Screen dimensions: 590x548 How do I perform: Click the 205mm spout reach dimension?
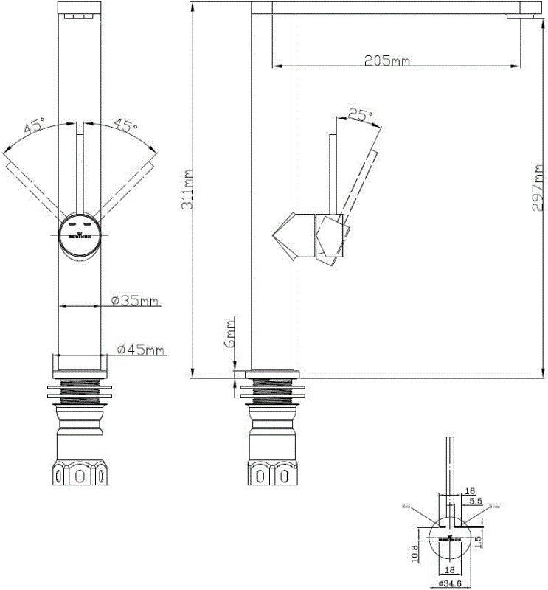[386, 60]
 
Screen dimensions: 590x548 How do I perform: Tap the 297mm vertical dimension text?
[538, 187]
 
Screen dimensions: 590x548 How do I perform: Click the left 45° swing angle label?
[34, 125]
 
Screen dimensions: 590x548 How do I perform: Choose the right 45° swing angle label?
[125, 125]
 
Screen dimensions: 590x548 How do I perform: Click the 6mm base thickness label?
[230, 333]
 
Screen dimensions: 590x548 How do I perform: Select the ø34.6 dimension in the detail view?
[451, 583]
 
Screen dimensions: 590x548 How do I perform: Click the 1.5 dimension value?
[480, 541]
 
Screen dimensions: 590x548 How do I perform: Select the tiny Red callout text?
[406, 507]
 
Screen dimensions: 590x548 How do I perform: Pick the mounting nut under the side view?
[272, 472]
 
